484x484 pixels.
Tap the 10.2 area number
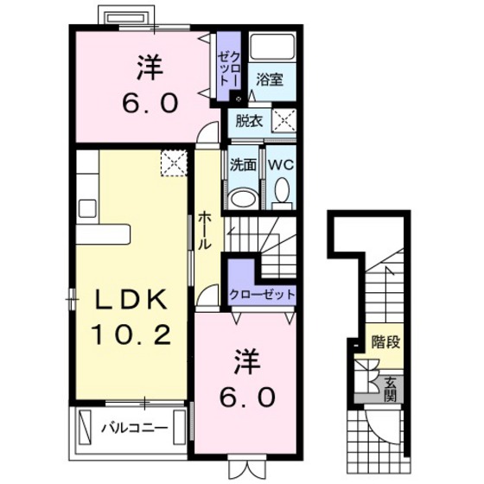pos(131,334)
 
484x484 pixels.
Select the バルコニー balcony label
pos(135,427)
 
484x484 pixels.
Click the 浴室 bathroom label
pos(270,80)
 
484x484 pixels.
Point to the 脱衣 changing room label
pos(249,120)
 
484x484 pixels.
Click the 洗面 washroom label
pos(243,165)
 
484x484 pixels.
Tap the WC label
pos(281,165)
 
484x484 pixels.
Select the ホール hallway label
pos(204,230)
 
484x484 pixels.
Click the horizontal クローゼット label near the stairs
pos(262,295)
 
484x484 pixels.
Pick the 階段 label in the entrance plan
pos(385,341)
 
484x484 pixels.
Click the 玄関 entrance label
pos(391,390)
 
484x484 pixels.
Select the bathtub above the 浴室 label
pos(271,47)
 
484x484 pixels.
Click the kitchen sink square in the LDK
pos(88,208)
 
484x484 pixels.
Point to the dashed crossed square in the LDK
pos(174,162)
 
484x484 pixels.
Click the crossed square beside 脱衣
pos(283,120)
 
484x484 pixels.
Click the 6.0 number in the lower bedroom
pos(247,397)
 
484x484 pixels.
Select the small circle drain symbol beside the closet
pos(239,99)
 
